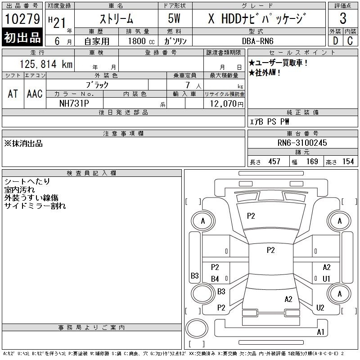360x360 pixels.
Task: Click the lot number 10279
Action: pyautogui.click(x=22, y=18)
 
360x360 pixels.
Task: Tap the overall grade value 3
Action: pyautogui.click(x=343, y=18)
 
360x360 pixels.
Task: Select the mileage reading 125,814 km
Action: pyautogui.click(x=46, y=64)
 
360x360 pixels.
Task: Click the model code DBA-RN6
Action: pyautogui.click(x=257, y=41)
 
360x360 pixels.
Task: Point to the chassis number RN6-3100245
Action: pyautogui.click(x=302, y=143)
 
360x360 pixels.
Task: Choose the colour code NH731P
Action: pyautogui.click(x=74, y=103)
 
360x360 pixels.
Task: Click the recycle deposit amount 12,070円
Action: pyautogui.click(x=227, y=104)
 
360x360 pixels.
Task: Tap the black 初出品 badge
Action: pyautogui.click(x=22, y=37)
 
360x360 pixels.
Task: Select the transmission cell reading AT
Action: pyautogui.click(x=13, y=94)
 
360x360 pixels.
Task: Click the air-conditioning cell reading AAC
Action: pyautogui.click(x=35, y=94)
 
